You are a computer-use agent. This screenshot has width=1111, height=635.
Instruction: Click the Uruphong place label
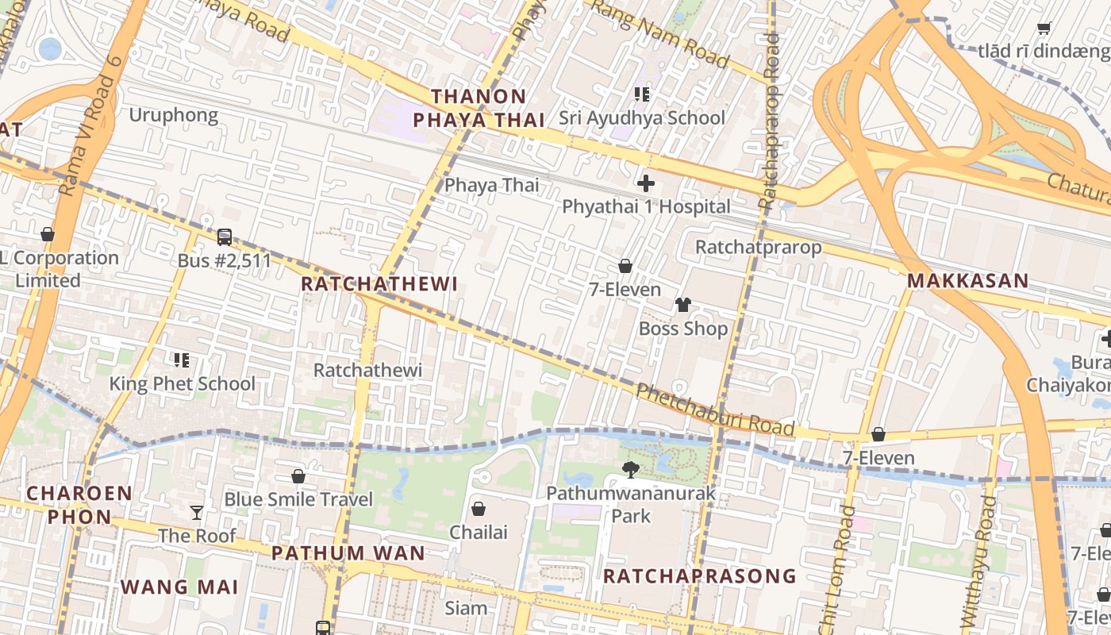[173, 116]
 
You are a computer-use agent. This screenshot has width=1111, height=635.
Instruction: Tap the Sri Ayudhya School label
[641, 118]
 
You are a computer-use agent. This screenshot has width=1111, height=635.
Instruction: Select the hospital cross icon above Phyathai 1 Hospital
[646, 184]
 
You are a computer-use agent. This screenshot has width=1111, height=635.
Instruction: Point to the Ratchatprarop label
[758, 247]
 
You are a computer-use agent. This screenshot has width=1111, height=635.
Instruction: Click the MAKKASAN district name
[967, 281]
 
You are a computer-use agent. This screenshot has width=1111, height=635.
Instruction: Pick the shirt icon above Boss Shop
[682, 305]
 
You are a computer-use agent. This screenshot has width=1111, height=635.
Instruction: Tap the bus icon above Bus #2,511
[225, 237]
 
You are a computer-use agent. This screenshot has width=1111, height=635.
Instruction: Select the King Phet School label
[182, 384]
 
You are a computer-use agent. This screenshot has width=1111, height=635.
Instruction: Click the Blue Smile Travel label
[298, 499]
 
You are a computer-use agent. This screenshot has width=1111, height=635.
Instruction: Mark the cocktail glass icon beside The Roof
[197, 513]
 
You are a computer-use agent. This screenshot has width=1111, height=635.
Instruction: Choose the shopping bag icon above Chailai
[479, 509]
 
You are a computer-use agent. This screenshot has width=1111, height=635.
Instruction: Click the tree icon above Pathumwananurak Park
[631, 470]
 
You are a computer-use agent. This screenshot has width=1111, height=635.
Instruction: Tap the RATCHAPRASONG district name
[699, 576]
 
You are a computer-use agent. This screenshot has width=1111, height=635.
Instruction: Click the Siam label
[466, 608]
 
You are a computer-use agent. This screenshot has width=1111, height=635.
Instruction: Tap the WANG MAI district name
[179, 587]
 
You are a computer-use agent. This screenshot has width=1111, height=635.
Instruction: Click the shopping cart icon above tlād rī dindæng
[1044, 29]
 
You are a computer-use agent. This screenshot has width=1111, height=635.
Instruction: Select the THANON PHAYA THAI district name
[479, 109]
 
